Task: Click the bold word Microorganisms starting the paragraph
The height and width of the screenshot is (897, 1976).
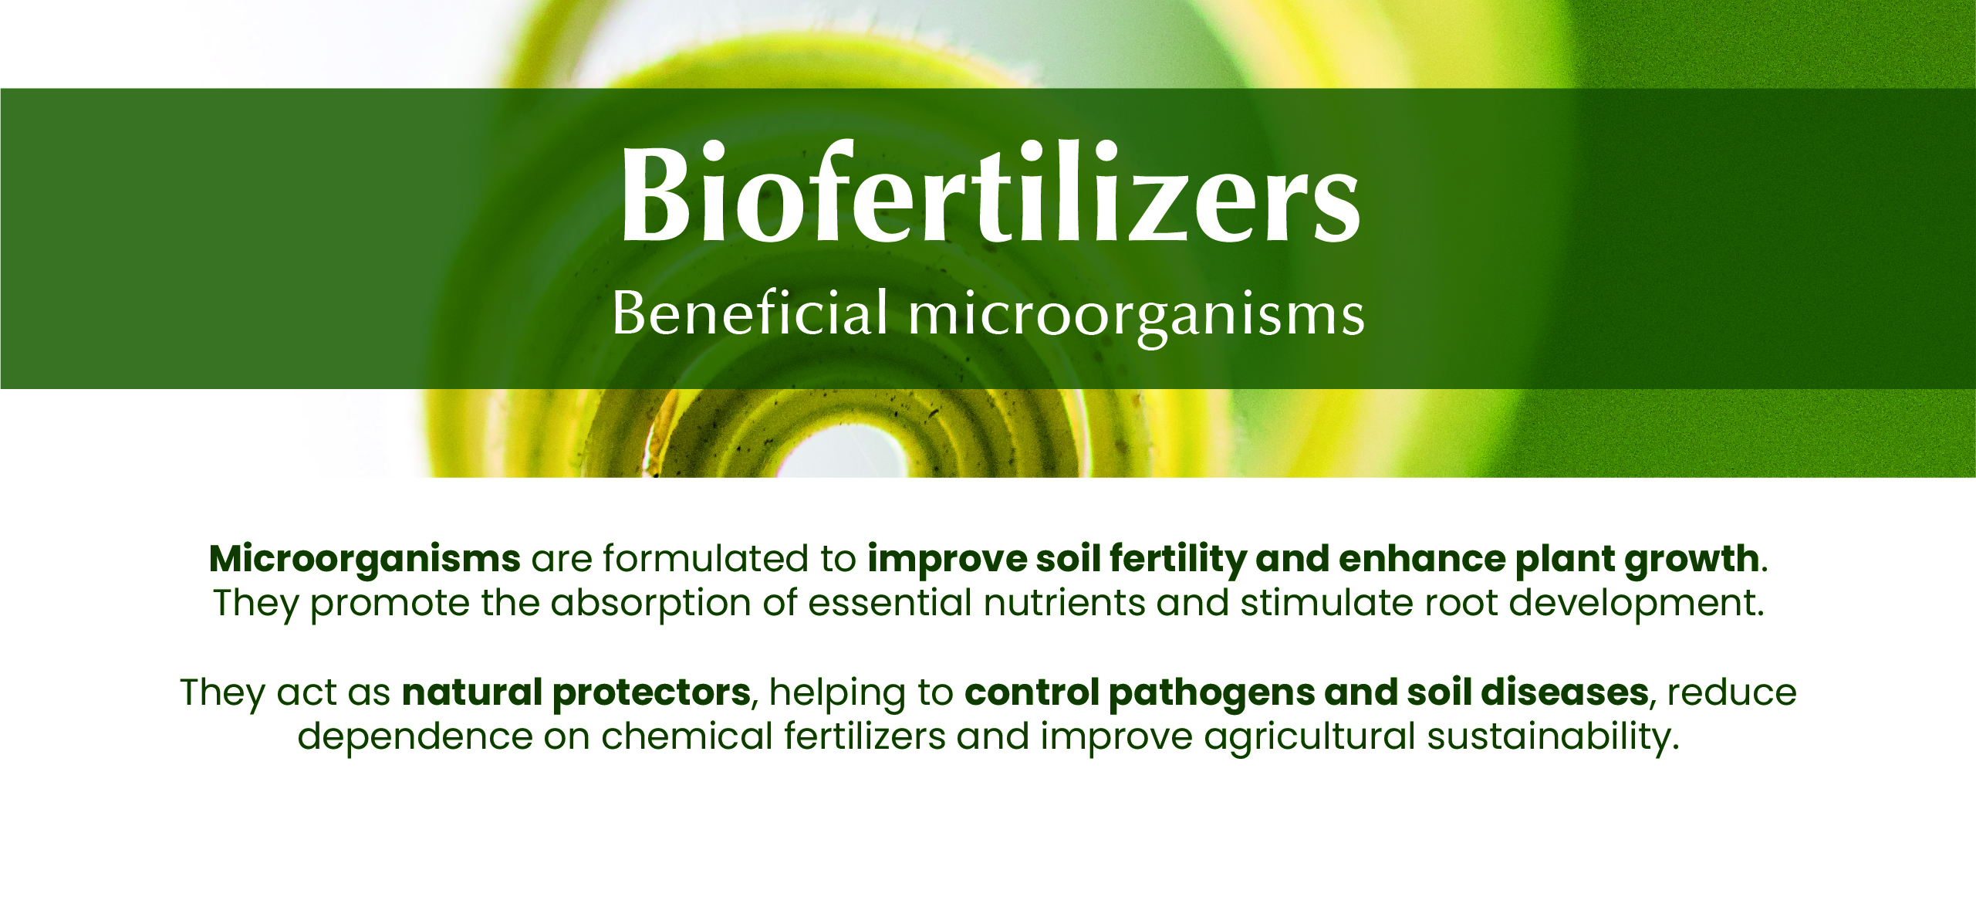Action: coord(365,559)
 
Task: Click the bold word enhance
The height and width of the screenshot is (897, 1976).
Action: coord(1422,559)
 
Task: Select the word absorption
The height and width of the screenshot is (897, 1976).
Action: coord(651,603)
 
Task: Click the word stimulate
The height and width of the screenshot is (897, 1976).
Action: coord(1326,603)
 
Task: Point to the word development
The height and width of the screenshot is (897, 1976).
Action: coord(1636,603)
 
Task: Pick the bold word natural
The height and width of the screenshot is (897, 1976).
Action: coord(472,692)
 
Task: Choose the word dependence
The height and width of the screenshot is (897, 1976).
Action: coord(415,736)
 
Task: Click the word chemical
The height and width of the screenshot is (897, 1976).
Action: coord(687,736)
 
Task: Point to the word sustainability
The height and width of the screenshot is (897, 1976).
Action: coord(1552,737)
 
